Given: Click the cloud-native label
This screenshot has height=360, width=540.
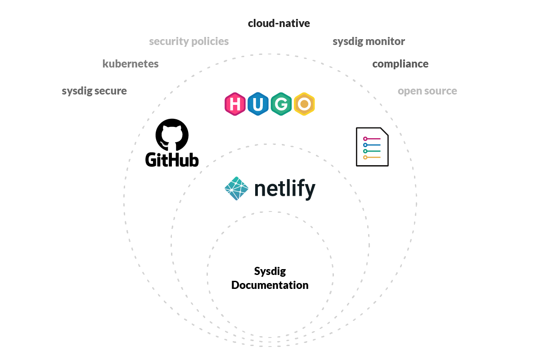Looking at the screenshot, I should point(279,23).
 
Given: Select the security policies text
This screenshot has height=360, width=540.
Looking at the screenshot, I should point(189,41).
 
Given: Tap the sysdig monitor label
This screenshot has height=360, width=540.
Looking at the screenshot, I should point(369,41).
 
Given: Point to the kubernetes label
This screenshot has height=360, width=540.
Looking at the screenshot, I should point(130,64).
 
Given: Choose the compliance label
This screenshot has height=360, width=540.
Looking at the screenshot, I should point(400,64).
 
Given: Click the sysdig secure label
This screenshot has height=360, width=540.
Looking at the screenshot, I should point(94,91).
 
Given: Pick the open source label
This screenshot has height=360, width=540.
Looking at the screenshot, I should point(427,91).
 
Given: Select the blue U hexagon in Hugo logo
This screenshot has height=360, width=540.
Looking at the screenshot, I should point(258,104).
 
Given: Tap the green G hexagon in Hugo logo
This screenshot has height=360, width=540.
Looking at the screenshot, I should point(281,104).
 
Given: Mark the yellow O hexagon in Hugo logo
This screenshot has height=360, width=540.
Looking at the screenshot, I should point(304,104).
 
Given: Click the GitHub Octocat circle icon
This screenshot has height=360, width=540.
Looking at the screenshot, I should point(172,135).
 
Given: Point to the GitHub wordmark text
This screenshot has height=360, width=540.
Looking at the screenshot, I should point(172,159).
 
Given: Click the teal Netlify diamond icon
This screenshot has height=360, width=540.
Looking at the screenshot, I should point(236,189).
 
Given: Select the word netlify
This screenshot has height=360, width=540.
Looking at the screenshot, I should point(284,189).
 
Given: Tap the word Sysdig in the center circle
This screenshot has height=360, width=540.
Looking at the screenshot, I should point(270,271).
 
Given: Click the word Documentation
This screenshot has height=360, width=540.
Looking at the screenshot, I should point(270,285).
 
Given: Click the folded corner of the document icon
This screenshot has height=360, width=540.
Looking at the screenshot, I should point(384,132).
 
